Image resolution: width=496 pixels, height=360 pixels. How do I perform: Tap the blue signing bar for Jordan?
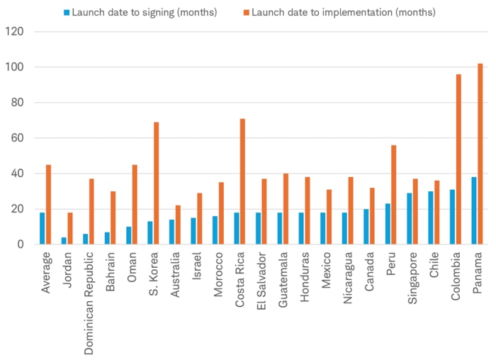tap(64, 241)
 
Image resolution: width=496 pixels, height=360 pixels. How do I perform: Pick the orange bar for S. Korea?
tap(157, 183)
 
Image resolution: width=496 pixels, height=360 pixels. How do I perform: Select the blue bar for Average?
tap(43, 228)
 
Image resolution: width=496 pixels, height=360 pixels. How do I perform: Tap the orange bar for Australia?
tap(178, 225)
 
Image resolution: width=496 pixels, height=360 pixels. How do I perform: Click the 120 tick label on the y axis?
tap(14, 32)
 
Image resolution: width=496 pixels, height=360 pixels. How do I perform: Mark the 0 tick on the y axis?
tap(21, 244)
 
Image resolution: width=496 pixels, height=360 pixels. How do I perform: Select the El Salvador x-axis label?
tap(261, 281)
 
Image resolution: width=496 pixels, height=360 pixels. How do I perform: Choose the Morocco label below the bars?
tap(219, 276)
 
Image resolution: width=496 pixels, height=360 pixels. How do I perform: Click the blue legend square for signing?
tap(67, 12)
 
